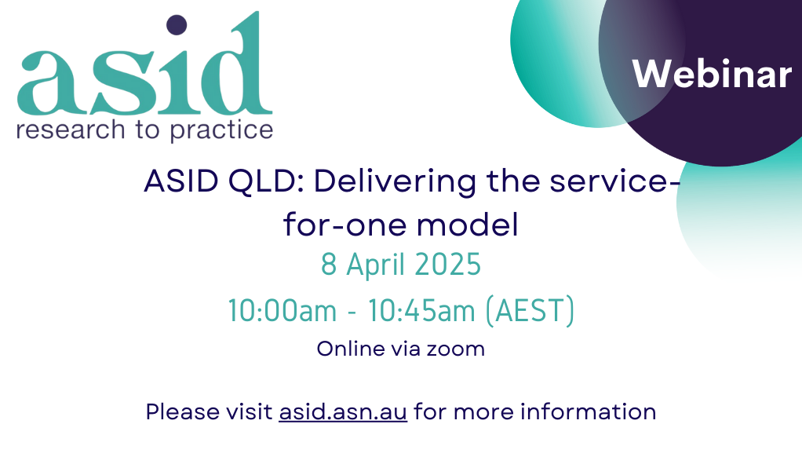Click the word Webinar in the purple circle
click(712, 74)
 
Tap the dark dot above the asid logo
click(177, 25)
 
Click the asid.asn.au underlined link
click(343, 411)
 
